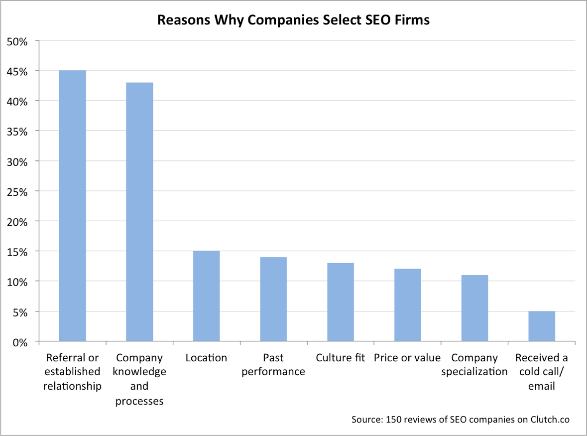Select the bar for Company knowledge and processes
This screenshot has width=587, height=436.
139,212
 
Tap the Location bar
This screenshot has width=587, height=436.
206,296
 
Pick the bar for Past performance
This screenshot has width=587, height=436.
273,299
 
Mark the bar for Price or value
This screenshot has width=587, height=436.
407,305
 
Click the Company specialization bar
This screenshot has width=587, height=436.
474,308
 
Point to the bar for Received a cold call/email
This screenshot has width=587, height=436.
542,326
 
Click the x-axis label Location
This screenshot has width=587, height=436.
206,358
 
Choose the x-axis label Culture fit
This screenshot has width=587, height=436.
341,358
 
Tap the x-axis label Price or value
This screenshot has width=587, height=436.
407,358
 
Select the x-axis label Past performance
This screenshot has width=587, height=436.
273,364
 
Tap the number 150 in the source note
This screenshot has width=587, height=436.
391,419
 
